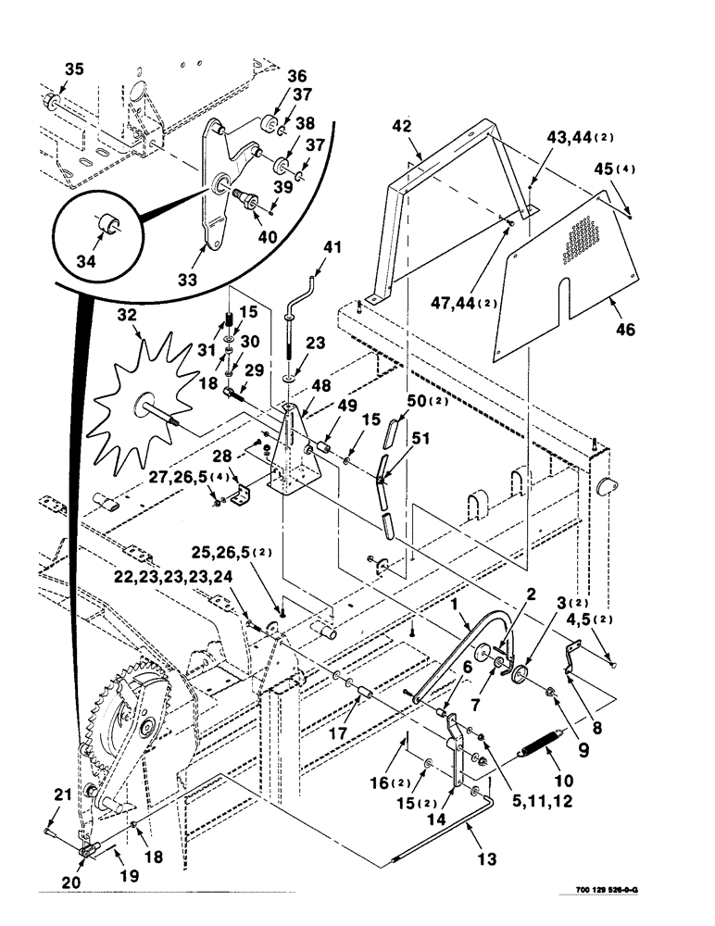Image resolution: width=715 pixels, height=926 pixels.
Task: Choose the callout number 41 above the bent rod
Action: pos(332,247)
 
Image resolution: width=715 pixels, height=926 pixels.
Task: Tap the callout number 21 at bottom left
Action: pos(61,793)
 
